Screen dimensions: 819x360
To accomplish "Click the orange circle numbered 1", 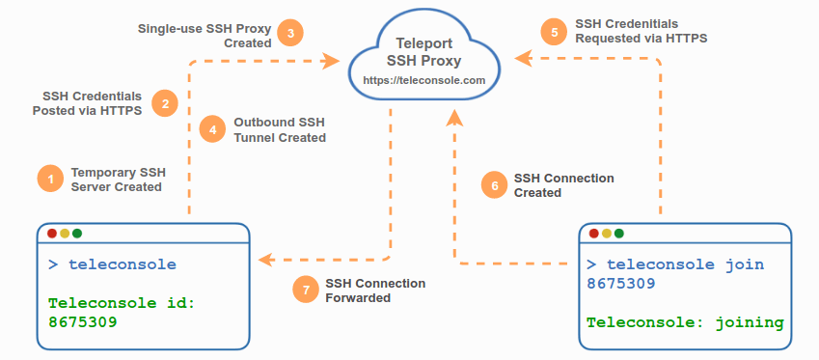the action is (51, 180).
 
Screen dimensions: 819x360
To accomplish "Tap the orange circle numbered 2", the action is (165, 103).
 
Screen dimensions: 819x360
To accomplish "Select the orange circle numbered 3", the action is (290, 34).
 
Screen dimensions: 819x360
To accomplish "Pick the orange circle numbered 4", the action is (213, 129).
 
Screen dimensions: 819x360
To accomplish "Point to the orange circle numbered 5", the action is (554, 33).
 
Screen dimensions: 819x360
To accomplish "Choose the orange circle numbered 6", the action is (494, 185).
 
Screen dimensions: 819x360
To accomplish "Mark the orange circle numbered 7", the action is (306, 290).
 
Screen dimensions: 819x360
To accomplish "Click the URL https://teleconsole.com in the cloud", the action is (424, 81).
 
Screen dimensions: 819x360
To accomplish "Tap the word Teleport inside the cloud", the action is (424, 42).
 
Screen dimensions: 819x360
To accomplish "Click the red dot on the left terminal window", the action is (52, 233).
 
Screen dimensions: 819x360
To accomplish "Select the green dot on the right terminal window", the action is (619, 233).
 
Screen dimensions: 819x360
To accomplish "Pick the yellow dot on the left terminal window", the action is (65, 233).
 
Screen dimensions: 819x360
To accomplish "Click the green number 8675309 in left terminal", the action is (83, 322).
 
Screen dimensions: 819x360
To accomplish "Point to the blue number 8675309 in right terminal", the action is (621, 284).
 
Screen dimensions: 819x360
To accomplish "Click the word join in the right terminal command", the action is (745, 264).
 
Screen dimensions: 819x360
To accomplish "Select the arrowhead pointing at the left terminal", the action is (266, 260).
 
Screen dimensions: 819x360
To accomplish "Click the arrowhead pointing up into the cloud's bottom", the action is (455, 118).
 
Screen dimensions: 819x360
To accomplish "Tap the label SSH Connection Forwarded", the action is (375, 291).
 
